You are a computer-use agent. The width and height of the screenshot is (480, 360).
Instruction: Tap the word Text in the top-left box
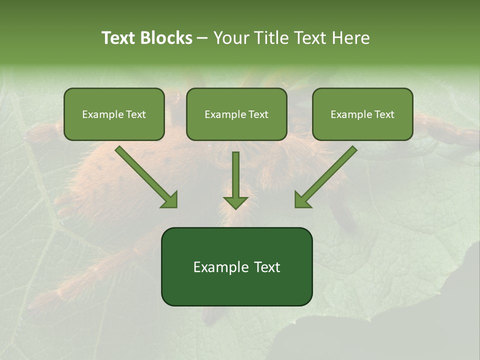[136, 114]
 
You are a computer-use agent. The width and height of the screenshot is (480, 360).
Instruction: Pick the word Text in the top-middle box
[258, 114]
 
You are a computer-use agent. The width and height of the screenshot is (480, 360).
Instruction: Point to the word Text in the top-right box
[384, 114]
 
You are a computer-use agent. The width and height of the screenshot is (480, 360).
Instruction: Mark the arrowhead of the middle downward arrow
[235, 202]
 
